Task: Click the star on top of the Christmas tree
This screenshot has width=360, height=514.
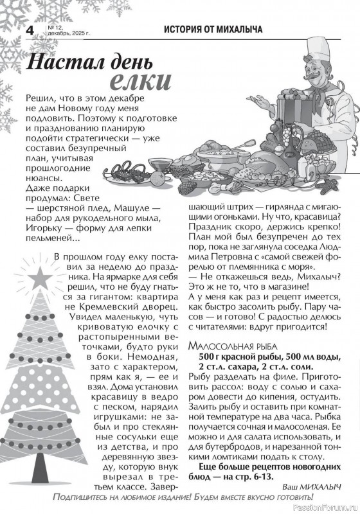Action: (x=46, y=276)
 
